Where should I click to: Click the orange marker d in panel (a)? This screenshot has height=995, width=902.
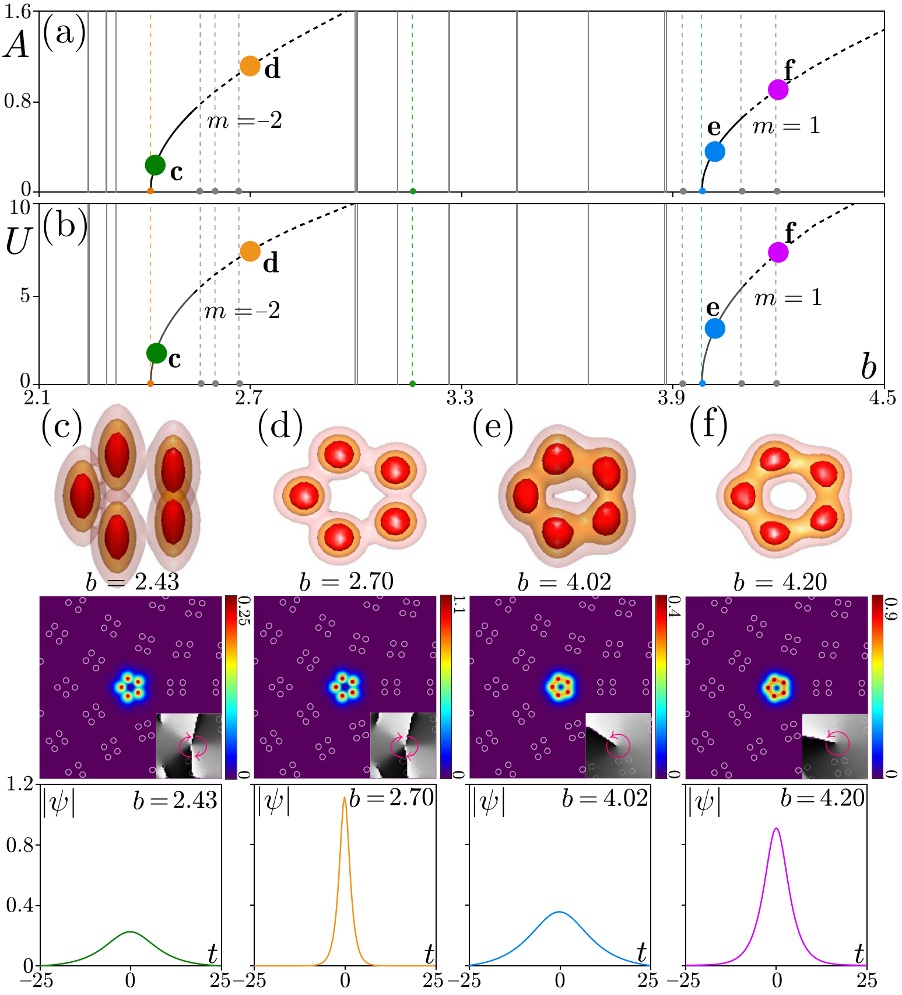tap(250, 66)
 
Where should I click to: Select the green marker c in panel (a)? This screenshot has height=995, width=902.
tap(155, 165)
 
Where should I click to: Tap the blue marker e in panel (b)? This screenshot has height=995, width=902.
tap(715, 329)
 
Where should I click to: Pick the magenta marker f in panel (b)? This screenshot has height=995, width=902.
tap(778, 252)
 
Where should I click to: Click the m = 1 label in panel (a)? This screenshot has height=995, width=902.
tap(787, 126)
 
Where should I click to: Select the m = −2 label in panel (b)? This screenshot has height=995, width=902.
tap(242, 310)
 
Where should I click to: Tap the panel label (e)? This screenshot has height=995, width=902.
tap(493, 427)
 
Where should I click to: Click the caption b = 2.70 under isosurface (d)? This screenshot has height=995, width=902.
tap(346, 581)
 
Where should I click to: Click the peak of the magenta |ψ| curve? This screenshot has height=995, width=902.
tap(776, 828)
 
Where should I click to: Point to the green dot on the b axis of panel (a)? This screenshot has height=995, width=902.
tap(413, 191)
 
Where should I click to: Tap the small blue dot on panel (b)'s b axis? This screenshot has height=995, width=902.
tap(702, 383)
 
